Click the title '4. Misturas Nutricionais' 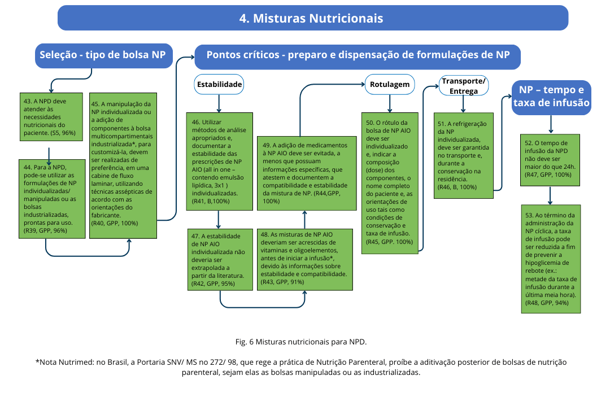coord(312,18)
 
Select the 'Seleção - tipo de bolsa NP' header coord(103,55)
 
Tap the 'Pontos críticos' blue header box coord(358,55)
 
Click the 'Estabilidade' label coord(219,85)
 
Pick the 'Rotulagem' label coord(389,85)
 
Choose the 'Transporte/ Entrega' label coord(463,85)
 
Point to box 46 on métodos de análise coord(219,161)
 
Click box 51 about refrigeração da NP coord(463,155)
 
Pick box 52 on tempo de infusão coord(550,159)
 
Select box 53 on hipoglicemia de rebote coord(550,259)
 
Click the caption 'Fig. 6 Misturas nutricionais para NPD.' coord(301,342)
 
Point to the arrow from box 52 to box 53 coord(550,195)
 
